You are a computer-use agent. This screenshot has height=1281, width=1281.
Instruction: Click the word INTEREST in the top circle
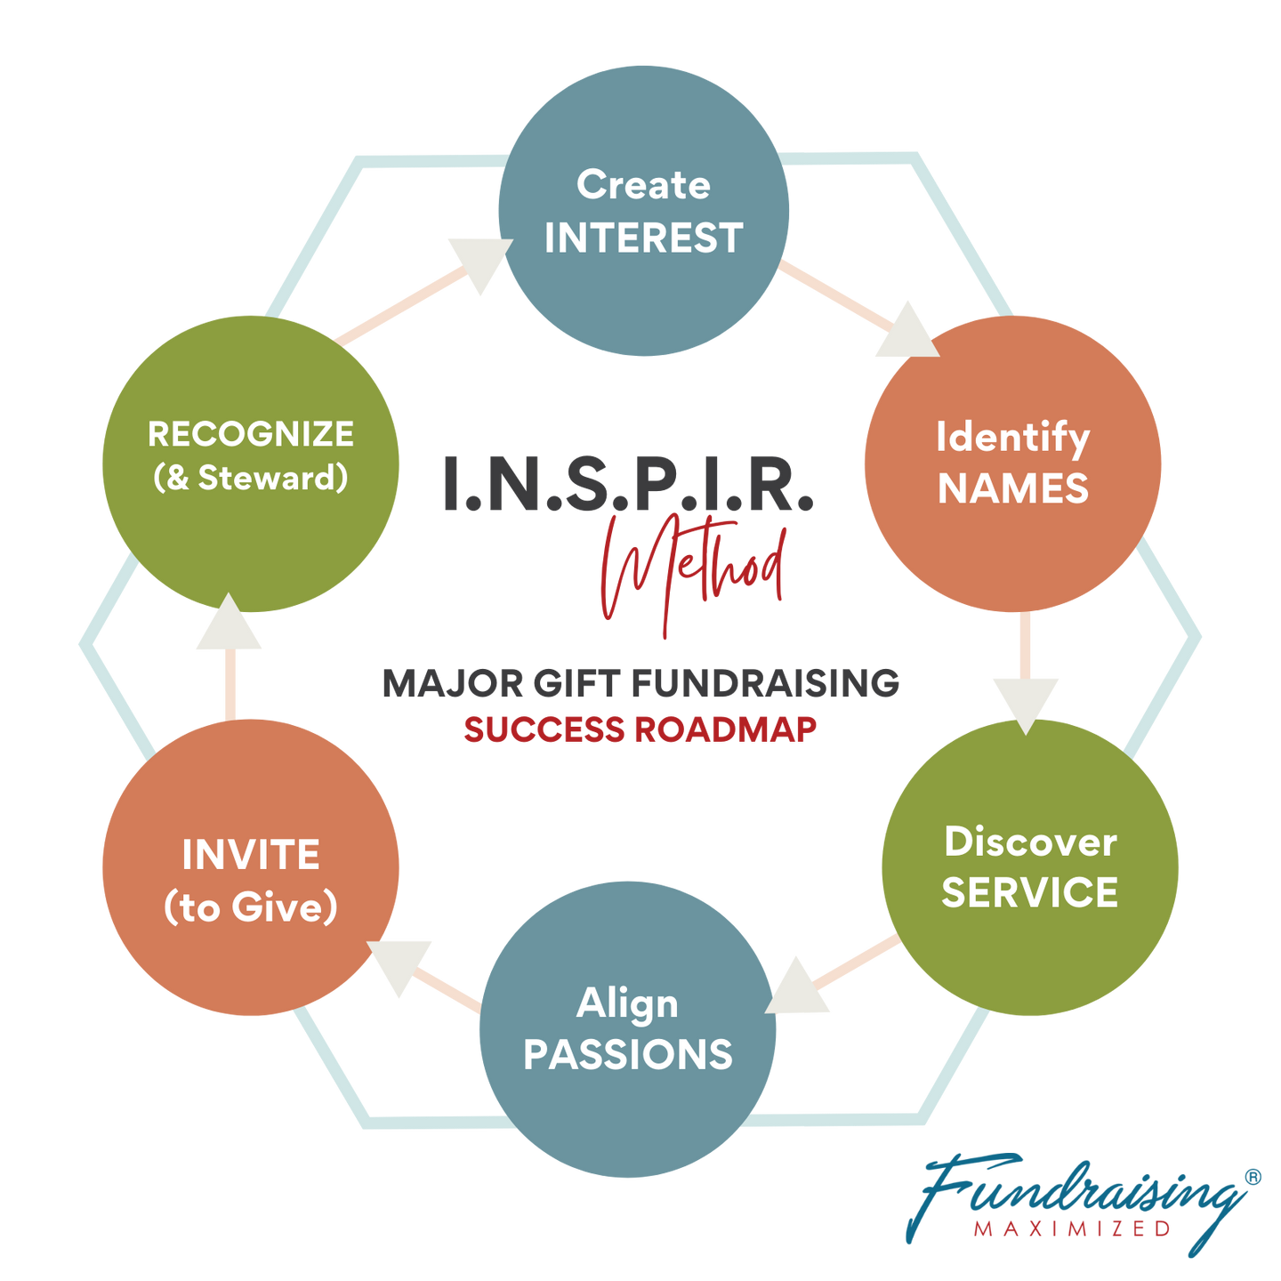pyautogui.click(x=643, y=238)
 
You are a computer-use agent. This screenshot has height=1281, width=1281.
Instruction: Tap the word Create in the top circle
pyautogui.click(x=643, y=185)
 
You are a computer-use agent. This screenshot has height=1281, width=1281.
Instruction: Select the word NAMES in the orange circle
pyautogui.click(x=1013, y=488)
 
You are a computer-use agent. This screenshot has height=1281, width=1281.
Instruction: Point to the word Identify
pyautogui.click(x=1012, y=438)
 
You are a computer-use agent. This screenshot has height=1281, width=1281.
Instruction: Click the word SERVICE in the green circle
pyautogui.click(x=1030, y=892)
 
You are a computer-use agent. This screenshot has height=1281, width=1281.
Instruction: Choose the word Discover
pyautogui.click(x=1030, y=842)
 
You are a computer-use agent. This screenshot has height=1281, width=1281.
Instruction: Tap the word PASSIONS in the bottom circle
pyautogui.click(x=628, y=1054)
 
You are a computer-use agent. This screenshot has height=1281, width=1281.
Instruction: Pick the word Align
pyautogui.click(x=627, y=1003)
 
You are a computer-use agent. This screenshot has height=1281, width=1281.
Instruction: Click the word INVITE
pyautogui.click(x=251, y=855)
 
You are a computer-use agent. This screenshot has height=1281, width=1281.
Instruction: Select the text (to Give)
pyautogui.click(x=251, y=907)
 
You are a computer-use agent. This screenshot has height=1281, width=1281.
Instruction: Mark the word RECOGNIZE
pyautogui.click(x=251, y=434)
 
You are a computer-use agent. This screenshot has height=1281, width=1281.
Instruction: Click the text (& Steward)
pyautogui.click(x=251, y=478)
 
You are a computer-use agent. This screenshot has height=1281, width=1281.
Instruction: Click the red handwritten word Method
pyautogui.click(x=694, y=569)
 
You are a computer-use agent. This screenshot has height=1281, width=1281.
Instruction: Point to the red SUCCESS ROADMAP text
pyautogui.click(x=640, y=730)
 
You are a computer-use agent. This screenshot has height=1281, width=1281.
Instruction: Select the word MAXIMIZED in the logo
pyautogui.click(x=1072, y=1229)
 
